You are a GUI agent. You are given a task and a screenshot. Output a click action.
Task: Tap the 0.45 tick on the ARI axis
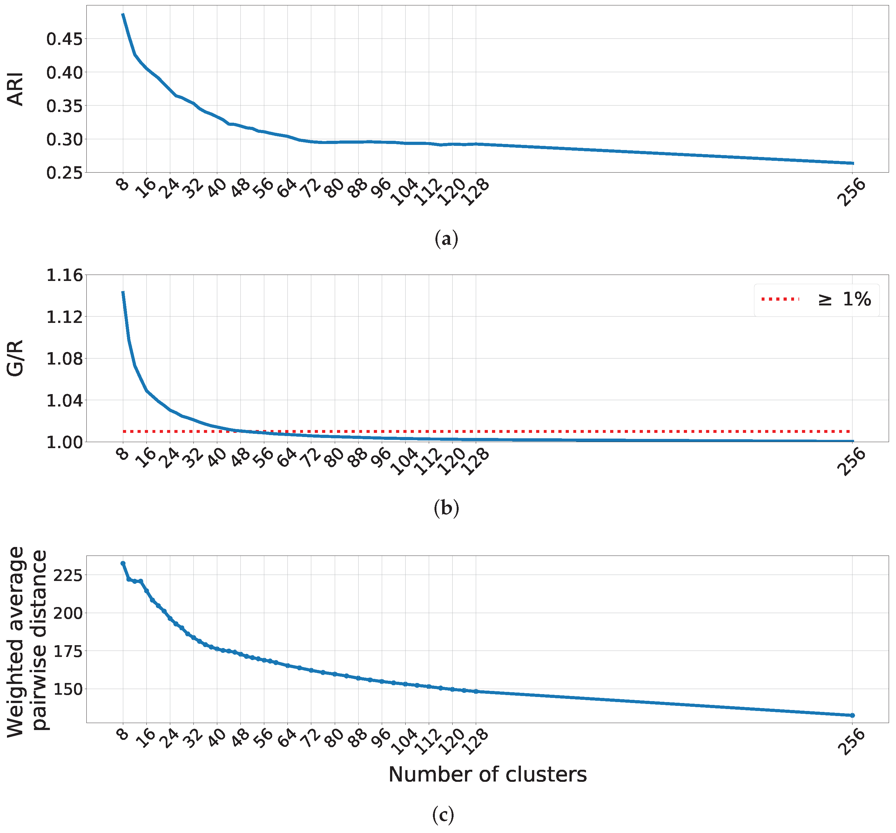click(64, 39)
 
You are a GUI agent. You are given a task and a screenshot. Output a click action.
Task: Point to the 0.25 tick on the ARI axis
click(64, 173)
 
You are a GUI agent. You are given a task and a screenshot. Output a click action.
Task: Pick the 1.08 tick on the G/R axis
click(64, 359)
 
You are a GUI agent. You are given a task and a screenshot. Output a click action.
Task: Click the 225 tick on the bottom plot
click(68, 576)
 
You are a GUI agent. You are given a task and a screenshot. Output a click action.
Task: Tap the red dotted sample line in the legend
click(780, 299)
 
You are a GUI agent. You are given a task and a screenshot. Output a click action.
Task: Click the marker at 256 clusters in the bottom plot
click(852, 715)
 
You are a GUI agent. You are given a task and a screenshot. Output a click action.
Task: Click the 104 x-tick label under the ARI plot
click(405, 193)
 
